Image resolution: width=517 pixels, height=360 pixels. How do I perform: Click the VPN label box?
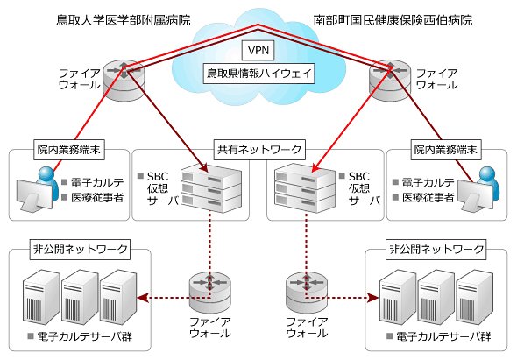click(x=258, y=50)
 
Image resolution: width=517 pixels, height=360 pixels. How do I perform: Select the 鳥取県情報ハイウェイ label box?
click(x=258, y=74)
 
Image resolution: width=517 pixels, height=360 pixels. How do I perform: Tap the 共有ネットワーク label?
click(x=259, y=150)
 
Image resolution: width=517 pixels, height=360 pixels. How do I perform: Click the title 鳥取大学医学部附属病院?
click(x=124, y=20)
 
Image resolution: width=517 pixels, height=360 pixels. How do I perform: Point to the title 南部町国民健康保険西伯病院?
click(x=393, y=20)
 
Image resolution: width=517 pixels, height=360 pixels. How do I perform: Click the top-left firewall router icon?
click(x=124, y=80)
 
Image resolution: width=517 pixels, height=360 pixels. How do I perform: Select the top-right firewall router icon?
click(x=390, y=80)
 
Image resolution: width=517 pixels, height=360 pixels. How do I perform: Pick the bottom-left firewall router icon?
click(x=210, y=293)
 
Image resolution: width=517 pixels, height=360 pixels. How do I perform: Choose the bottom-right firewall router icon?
click(x=307, y=293)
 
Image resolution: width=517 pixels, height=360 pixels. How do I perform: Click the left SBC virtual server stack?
click(x=211, y=188)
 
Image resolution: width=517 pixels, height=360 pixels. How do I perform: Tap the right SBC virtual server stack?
click(x=305, y=188)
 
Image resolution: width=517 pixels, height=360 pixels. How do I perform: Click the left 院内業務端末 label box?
click(x=69, y=150)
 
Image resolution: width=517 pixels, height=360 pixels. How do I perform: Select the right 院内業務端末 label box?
click(x=446, y=150)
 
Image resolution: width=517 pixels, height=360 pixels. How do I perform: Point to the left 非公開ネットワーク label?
click(x=80, y=250)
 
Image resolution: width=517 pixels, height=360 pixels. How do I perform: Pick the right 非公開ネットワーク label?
click(x=436, y=250)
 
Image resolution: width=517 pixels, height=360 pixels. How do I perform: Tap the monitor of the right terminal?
click(x=475, y=194)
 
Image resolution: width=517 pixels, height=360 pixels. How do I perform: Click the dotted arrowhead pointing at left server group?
click(x=142, y=298)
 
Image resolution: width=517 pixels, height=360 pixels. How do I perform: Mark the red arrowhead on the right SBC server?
click(x=315, y=168)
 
